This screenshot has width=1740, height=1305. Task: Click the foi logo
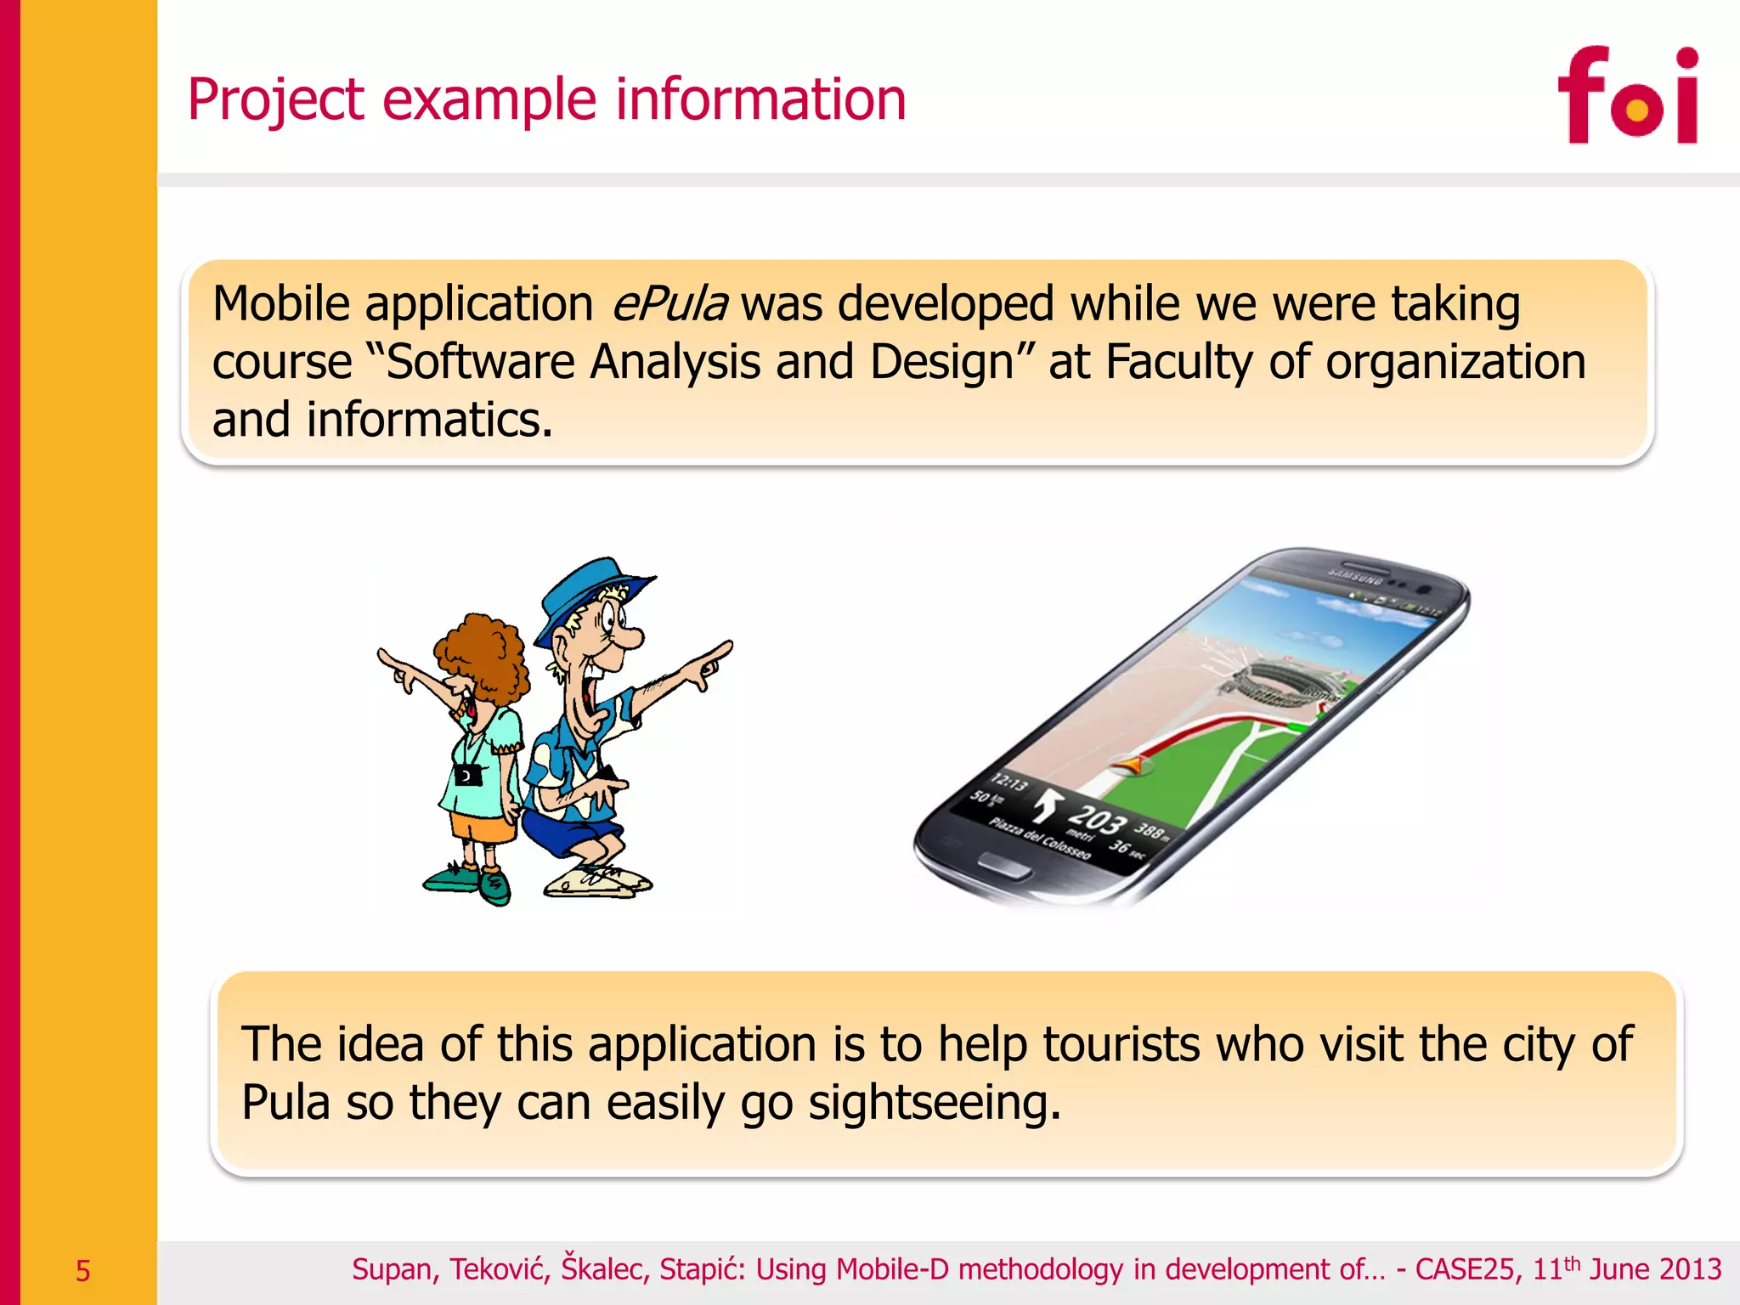(1627, 95)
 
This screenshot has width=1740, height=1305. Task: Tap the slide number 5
(82, 1271)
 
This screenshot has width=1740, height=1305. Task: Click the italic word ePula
(669, 304)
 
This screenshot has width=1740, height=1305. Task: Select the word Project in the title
(276, 100)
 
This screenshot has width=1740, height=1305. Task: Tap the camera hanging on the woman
(466, 775)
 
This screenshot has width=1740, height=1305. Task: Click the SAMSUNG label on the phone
(1354, 575)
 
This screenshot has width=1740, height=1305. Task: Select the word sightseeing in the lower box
(934, 1103)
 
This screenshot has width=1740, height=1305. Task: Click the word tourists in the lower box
(1121, 1044)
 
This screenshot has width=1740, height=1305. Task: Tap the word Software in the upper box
(481, 362)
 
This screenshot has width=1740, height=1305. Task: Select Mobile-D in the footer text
(892, 1269)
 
